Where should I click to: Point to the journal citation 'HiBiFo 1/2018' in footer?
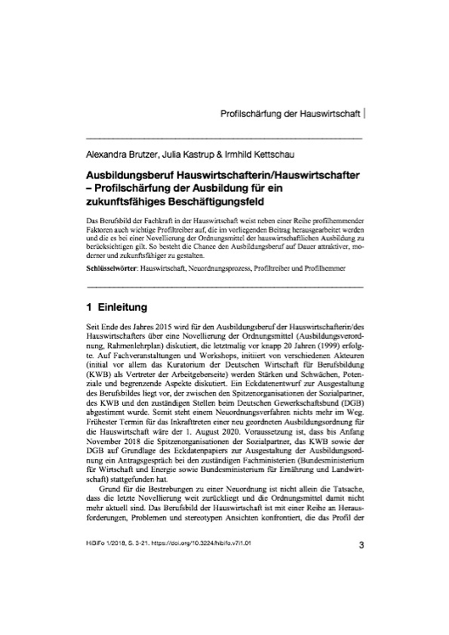pos(100,592)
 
